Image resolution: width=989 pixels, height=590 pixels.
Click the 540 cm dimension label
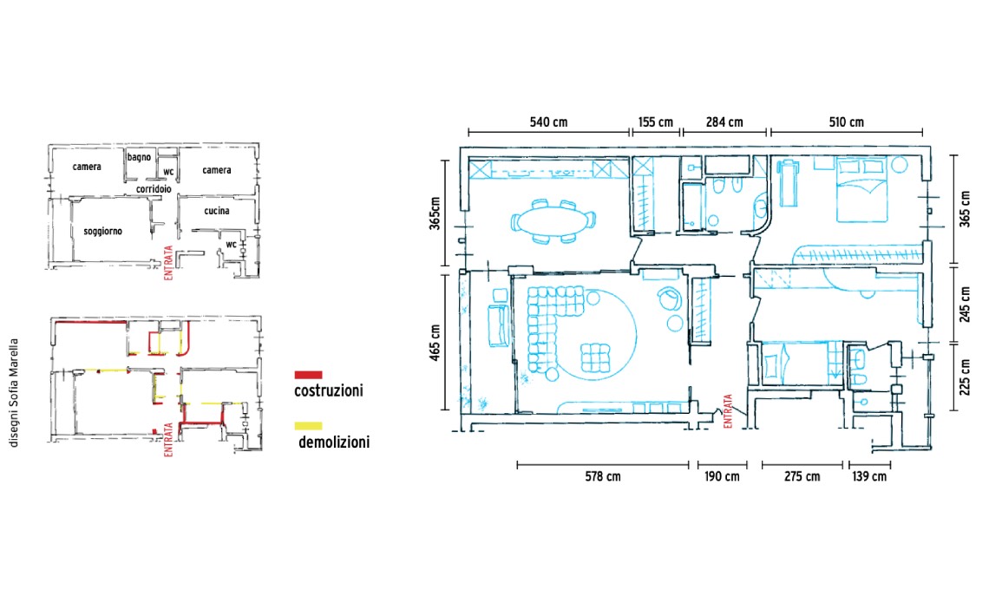point(548,121)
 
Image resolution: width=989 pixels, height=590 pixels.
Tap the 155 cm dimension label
point(655,121)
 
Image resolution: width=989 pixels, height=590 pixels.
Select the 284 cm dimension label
point(724,121)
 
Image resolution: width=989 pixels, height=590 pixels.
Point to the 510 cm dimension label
point(846,121)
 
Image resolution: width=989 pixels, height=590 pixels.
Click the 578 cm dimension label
point(602,476)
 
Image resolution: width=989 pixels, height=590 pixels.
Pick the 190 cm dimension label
point(722,476)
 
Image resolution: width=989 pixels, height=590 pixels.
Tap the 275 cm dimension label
point(802,476)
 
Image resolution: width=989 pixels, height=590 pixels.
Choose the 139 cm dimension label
point(869,476)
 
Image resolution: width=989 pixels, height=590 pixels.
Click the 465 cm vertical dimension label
point(436,344)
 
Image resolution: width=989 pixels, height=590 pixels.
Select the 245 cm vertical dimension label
point(965,305)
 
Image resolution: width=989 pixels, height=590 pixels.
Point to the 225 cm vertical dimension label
point(965,377)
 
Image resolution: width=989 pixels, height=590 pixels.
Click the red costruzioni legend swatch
point(308,375)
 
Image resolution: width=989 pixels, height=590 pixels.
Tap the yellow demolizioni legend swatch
point(308,426)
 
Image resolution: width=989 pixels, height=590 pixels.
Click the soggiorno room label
point(103,232)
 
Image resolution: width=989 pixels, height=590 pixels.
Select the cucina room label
point(216,211)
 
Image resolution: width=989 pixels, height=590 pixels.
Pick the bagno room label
point(139,157)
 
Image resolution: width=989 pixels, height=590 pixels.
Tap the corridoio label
point(154,188)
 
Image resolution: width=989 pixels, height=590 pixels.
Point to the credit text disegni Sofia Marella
point(14,393)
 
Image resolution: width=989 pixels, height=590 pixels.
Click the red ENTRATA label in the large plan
point(728,411)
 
